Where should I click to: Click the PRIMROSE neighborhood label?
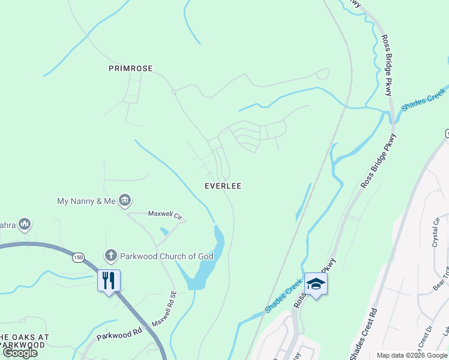[x=131, y=68]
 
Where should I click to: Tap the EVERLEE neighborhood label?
[x=223, y=186]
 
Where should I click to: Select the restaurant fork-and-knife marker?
[x=109, y=281]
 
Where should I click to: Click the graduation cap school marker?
[x=316, y=284]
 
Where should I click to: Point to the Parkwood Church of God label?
[x=167, y=256]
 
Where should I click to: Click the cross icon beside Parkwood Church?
[x=110, y=256]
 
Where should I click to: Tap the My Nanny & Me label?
[x=86, y=201]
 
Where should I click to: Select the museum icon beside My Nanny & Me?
[x=125, y=200]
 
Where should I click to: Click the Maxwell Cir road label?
[x=165, y=215]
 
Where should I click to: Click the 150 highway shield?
[x=78, y=257]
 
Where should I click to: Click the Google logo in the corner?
[x=20, y=353]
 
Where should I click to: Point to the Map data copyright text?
[x=412, y=355]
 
